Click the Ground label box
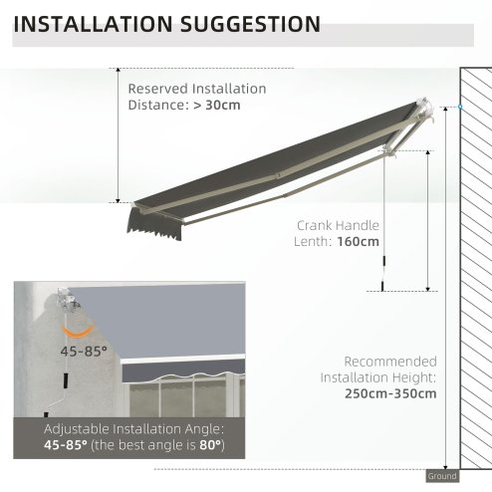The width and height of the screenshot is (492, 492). click(442, 476)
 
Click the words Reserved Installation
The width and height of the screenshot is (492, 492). click(196, 89)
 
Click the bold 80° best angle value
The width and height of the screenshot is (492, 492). click(210, 442)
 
